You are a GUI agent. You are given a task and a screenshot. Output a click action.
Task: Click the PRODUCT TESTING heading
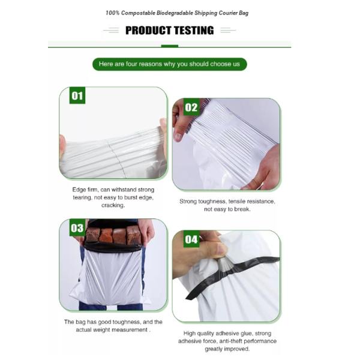click(x=169, y=30)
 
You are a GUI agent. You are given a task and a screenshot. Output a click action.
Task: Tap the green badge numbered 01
click(x=77, y=96)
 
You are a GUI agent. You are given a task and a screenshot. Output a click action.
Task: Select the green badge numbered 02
click(x=191, y=108)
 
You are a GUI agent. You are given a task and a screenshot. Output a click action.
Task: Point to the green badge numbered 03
click(x=77, y=228)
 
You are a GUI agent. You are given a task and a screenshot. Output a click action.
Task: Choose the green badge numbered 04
click(x=191, y=240)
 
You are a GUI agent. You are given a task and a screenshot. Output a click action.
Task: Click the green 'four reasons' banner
click(x=169, y=64)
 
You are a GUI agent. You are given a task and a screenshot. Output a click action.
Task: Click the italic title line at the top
click(x=176, y=13)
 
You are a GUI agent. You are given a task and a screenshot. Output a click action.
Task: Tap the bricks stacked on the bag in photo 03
click(x=113, y=235)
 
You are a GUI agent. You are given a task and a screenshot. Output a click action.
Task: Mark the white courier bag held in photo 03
click(x=112, y=276)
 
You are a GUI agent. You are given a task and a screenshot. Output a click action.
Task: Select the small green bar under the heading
click(x=169, y=46)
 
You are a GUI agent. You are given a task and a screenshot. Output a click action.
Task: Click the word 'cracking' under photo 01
click(x=113, y=205)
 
